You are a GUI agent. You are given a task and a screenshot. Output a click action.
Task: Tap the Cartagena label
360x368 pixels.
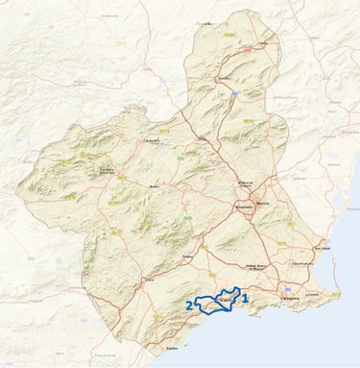tap(290, 298)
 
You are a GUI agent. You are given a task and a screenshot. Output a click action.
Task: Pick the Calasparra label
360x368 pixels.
tap(151, 141)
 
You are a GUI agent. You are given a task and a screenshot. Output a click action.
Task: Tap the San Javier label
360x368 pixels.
tap(324, 247)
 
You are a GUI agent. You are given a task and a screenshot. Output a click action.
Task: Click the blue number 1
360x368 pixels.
tap(246, 299)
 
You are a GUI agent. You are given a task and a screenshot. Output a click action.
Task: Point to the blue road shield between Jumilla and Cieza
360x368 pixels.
tap(233, 94)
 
